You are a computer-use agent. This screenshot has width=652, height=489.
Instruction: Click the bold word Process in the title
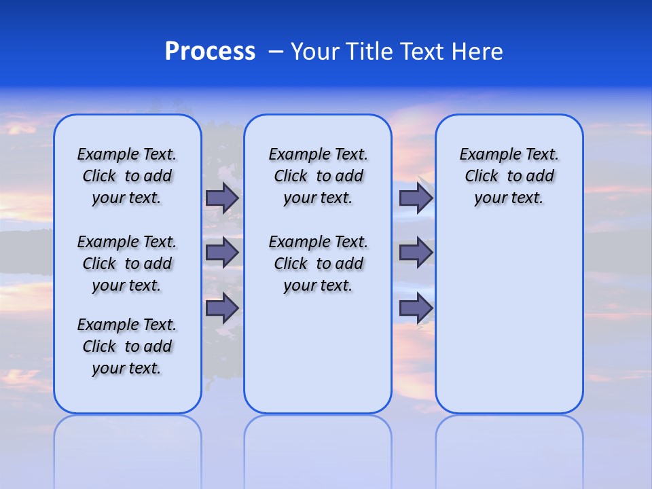coord(210,52)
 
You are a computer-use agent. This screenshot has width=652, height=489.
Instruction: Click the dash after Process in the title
coord(276,52)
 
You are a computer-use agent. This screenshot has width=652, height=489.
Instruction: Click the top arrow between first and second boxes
coord(222,198)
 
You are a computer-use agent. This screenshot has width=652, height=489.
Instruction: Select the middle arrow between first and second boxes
coord(222,253)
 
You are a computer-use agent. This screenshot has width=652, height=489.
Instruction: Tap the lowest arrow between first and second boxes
coord(222,308)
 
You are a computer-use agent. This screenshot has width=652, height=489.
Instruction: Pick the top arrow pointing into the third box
coord(416,198)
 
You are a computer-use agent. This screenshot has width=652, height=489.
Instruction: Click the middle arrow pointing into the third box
coord(416,253)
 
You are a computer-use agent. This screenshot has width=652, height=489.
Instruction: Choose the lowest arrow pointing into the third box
coord(416,308)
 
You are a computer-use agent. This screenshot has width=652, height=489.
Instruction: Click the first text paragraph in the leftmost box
coord(127,176)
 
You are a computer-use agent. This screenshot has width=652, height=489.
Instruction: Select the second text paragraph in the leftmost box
coord(127,264)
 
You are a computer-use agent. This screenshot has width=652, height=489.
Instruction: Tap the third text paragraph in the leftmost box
coord(127,346)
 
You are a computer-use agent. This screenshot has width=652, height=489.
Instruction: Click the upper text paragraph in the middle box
coord(319,176)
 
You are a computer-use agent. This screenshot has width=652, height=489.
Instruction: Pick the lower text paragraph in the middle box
coord(319,264)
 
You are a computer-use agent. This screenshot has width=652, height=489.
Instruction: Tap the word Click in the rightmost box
coord(482,177)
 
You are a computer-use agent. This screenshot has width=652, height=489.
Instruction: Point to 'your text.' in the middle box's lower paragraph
coord(318,286)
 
